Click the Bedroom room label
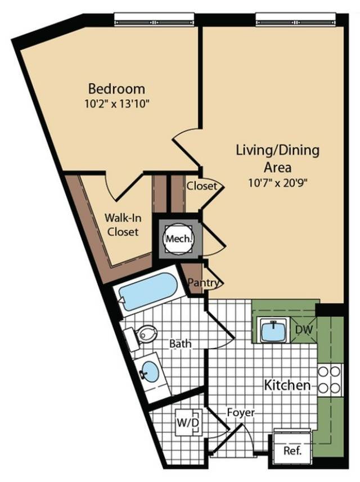[x=116, y=88]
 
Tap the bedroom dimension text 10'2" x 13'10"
[x=116, y=104]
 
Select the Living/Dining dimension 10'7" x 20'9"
[x=278, y=183]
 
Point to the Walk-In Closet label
[x=123, y=224]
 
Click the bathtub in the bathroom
[x=148, y=291]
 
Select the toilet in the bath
[x=142, y=337]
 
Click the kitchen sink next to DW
[x=273, y=330]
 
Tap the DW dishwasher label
[x=304, y=330]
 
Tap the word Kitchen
[x=287, y=385]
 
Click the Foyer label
[x=241, y=412]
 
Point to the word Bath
[x=181, y=344]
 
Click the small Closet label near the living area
[x=202, y=186]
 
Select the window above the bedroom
[x=154, y=19]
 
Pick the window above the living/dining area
[x=296, y=19]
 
